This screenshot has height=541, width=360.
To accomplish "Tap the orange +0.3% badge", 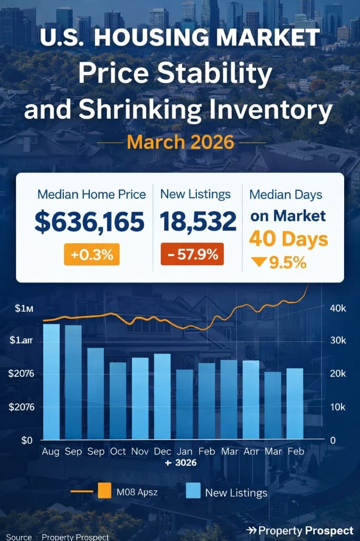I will click(x=92, y=255).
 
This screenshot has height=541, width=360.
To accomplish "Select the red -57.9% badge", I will click(x=192, y=254).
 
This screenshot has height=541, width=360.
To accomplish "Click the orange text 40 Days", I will click(x=288, y=239).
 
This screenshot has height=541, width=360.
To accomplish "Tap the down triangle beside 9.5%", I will click(x=258, y=263).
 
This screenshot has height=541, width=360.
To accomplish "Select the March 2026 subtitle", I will click(x=181, y=142).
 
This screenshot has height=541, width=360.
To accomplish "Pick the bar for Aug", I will click(x=51, y=381).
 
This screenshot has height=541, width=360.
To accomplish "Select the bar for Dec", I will click(x=162, y=396).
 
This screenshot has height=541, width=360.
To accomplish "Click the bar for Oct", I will click(x=118, y=400).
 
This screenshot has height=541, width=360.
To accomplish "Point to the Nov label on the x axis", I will click(x=140, y=452).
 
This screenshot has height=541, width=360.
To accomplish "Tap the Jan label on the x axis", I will click(x=184, y=452).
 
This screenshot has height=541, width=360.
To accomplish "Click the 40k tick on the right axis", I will click(x=337, y=309).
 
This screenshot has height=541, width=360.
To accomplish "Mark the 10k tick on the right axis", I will click(x=337, y=407).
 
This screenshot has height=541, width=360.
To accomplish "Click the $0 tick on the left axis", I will click(x=27, y=440).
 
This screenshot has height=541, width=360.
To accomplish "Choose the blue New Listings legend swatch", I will click(x=193, y=492).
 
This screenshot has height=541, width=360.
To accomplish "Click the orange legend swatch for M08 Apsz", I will click(x=105, y=492).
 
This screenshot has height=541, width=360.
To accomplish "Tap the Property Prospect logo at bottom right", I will click(x=300, y=530).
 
